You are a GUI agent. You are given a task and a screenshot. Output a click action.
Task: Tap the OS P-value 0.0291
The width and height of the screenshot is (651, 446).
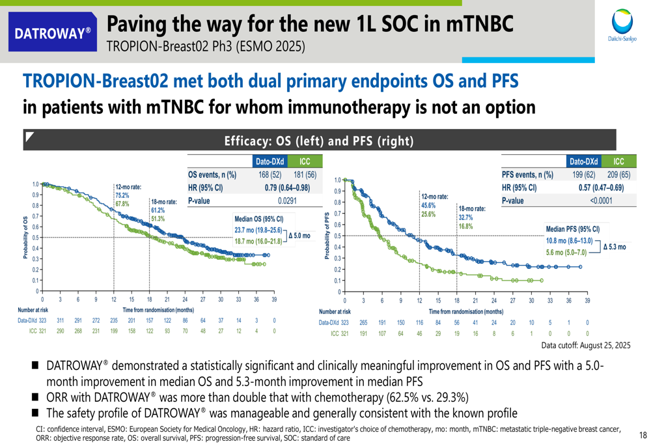coord(287,201)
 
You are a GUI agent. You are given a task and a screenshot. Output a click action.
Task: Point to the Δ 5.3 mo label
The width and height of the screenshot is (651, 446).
coord(615,247)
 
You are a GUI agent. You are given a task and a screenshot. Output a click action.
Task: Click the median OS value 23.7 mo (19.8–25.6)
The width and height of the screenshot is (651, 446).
coord(258,230)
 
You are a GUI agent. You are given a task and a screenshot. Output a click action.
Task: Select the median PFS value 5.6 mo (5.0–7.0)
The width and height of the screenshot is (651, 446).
coord(566,253)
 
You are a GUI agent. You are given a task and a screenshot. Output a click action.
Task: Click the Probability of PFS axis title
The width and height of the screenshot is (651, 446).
coord(326,234)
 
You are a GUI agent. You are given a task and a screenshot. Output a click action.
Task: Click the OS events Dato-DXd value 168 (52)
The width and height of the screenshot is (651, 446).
coord(270,175)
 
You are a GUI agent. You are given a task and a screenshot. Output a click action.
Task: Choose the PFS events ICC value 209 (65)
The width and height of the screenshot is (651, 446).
coord(617,174)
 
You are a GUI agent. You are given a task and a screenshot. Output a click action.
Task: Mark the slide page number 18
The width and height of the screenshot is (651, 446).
coord(643,435)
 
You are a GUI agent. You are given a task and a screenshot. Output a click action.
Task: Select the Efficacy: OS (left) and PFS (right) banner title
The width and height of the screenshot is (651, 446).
coord(319,141)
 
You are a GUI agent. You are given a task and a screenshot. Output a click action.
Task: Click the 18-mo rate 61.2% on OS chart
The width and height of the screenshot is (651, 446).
coord(158,210)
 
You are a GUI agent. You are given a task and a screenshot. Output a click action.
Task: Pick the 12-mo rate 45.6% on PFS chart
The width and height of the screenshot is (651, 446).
coord(428,205)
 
